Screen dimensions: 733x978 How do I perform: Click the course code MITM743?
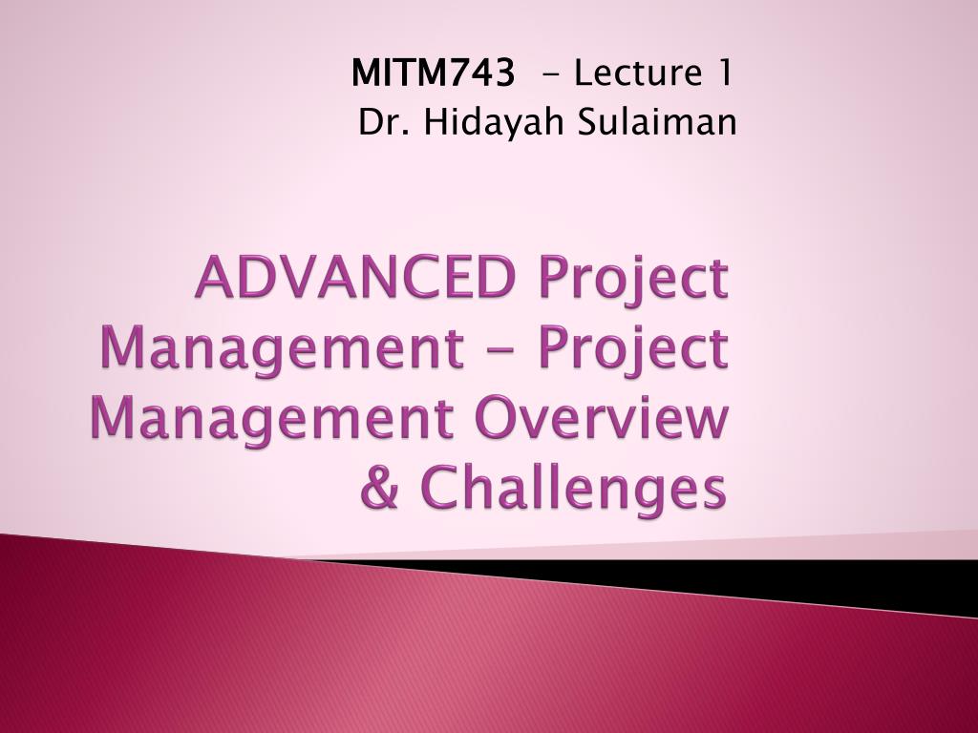(x=433, y=73)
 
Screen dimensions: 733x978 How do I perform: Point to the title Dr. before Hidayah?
(x=374, y=122)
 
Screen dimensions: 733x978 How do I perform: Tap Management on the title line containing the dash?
(x=276, y=349)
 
